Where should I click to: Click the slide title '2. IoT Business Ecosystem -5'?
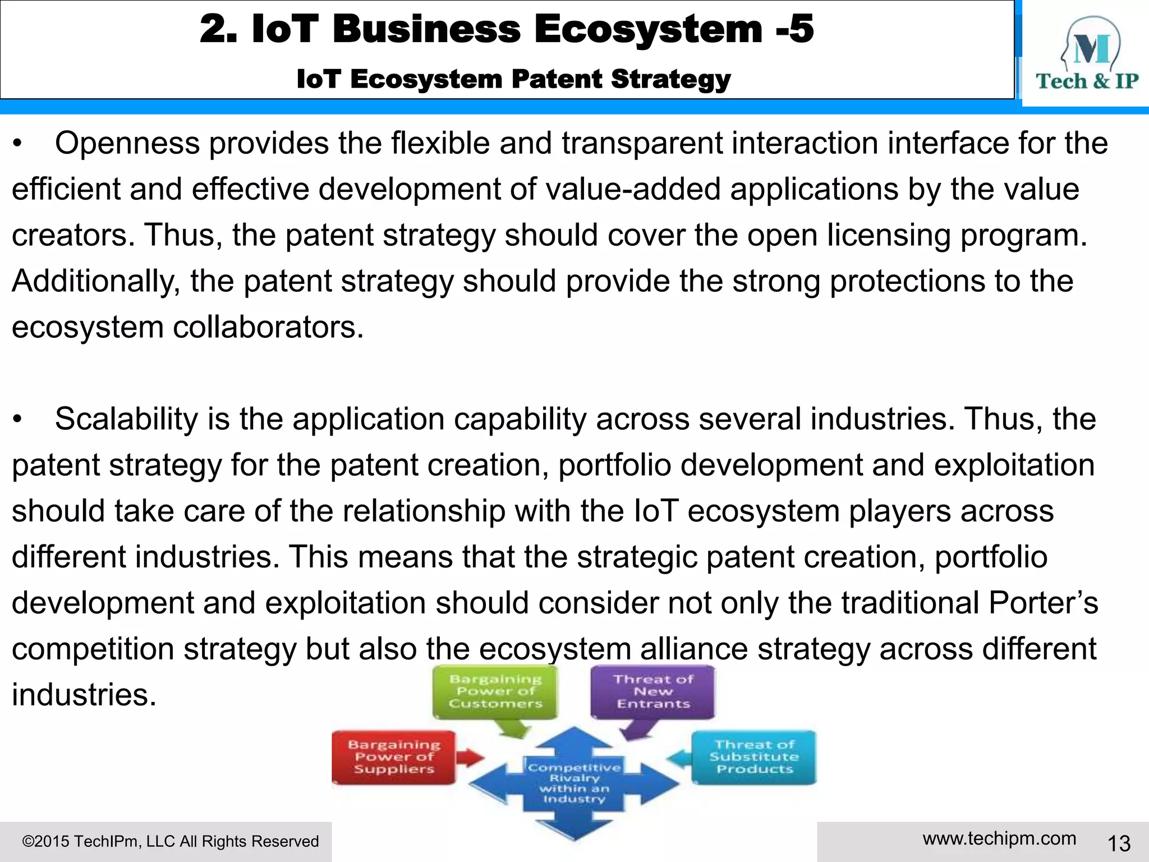pyautogui.click(x=506, y=29)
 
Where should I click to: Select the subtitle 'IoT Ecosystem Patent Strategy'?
pyautogui.click(x=513, y=79)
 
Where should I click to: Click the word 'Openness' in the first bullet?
pyautogui.click(x=127, y=144)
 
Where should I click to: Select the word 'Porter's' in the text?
pyautogui.click(x=1043, y=603)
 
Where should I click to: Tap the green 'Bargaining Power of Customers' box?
pyautogui.click(x=495, y=691)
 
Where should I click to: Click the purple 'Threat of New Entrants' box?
pyautogui.click(x=653, y=691)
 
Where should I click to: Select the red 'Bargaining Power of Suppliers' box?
pyautogui.click(x=394, y=757)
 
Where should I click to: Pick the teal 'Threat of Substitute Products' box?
pyautogui.click(x=754, y=757)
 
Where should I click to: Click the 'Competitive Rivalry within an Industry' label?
pyautogui.click(x=574, y=782)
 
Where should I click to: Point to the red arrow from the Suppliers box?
pyautogui.click(x=470, y=758)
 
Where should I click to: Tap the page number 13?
pyautogui.click(x=1119, y=843)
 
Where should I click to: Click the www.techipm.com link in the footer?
pyautogui.click(x=999, y=838)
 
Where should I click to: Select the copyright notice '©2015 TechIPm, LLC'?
pyautogui.click(x=170, y=841)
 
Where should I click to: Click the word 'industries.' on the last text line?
pyautogui.click(x=84, y=695)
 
